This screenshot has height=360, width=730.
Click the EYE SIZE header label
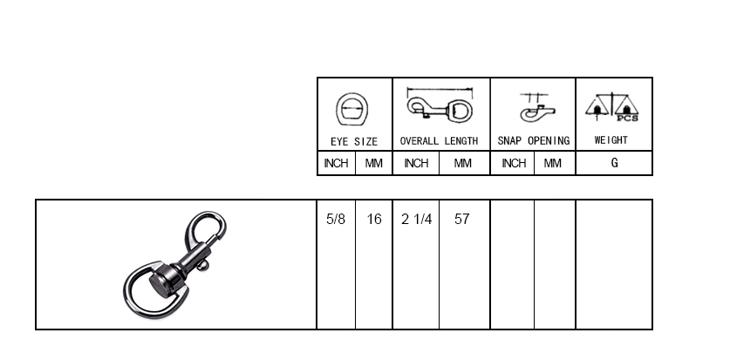354,141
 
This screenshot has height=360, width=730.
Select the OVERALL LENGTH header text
439,141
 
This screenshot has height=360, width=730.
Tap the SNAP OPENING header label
534,141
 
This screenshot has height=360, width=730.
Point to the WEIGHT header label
611,140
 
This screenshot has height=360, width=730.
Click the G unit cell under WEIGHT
615,163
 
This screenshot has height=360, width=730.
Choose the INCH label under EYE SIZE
336,163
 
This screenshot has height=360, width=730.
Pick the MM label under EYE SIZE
374,163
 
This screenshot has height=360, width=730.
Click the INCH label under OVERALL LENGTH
416,163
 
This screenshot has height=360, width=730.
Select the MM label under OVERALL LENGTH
463,163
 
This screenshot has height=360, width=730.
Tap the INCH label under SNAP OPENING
514,163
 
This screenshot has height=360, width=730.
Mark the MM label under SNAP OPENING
553,163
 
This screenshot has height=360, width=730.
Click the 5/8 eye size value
336,219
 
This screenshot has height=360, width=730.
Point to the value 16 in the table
374,219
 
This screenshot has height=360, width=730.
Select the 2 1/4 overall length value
417,219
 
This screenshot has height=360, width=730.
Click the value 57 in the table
462,219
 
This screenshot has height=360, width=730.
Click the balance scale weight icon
611,107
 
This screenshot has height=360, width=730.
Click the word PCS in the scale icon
628,119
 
